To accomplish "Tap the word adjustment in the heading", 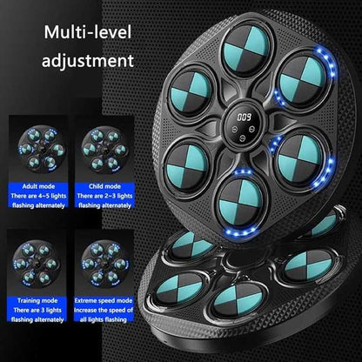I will point(84,63).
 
